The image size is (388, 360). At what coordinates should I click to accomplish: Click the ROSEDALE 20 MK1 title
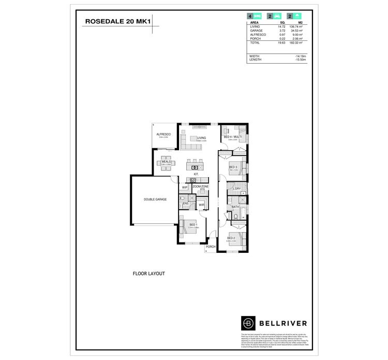click(x=118, y=22)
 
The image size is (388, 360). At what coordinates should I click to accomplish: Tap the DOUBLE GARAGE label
click(x=155, y=199)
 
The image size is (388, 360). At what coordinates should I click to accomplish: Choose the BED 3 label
click(x=233, y=167)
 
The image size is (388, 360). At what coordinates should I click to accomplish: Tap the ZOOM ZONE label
click(x=201, y=186)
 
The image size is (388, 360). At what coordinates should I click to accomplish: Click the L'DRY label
click(x=237, y=189)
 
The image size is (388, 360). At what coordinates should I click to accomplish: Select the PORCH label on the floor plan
click(x=211, y=247)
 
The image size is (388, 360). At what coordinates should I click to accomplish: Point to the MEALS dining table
click(x=166, y=162)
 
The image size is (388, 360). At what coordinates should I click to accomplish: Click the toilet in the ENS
click(x=181, y=198)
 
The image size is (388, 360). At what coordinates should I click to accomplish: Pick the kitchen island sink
click(x=195, y=167)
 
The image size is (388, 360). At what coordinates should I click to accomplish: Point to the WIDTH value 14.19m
click(x=301, y=56)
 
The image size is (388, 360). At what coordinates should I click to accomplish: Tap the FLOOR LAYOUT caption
click(x=148, y=273)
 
